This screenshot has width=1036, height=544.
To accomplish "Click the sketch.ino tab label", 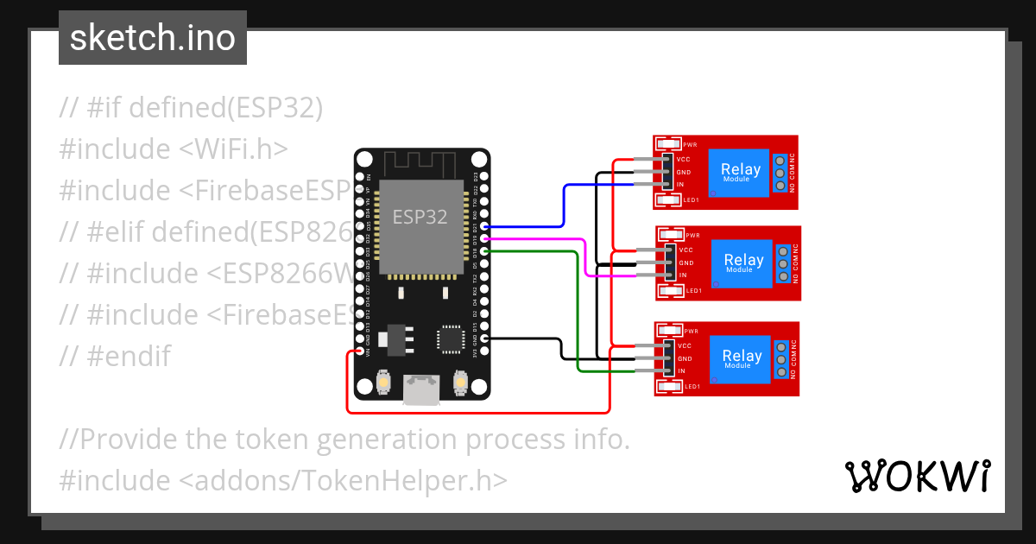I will pyautogui.click(x=152, y=38).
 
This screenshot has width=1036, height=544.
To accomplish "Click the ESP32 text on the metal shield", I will pyautogui.click(x=420, y=217).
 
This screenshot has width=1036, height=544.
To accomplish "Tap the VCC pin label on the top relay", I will pyautogui.click(x=684, y=160).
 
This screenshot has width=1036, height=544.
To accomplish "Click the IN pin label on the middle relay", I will pyautogui.click(x=683, y=275).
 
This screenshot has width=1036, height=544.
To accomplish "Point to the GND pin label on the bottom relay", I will pyautogui.click(x=685, y=358).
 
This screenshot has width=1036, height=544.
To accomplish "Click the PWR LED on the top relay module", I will pyautogui.click(x=668, y=144).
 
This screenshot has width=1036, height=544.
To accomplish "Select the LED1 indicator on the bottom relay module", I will pyautogui.click(x=669, y=386).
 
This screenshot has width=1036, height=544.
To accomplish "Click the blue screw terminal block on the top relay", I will pyautogui.click(x=780, y=173).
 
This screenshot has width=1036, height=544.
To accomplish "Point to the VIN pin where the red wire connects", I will pyautogui.click(x=359, y=352).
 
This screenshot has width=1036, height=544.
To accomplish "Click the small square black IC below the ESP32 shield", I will pyautogui.click(x=452, y=339).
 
